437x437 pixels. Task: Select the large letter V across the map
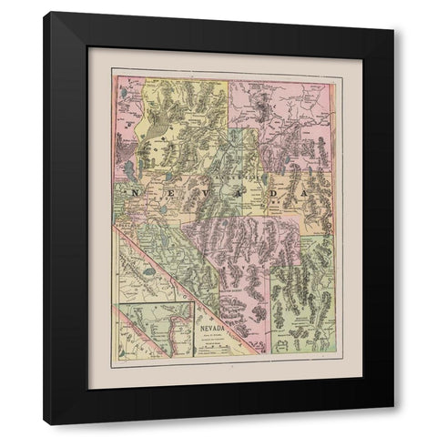pyautogui.click(x=197, y=193)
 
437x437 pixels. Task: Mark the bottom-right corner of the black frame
pyautogui.click(x=393, y=423)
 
